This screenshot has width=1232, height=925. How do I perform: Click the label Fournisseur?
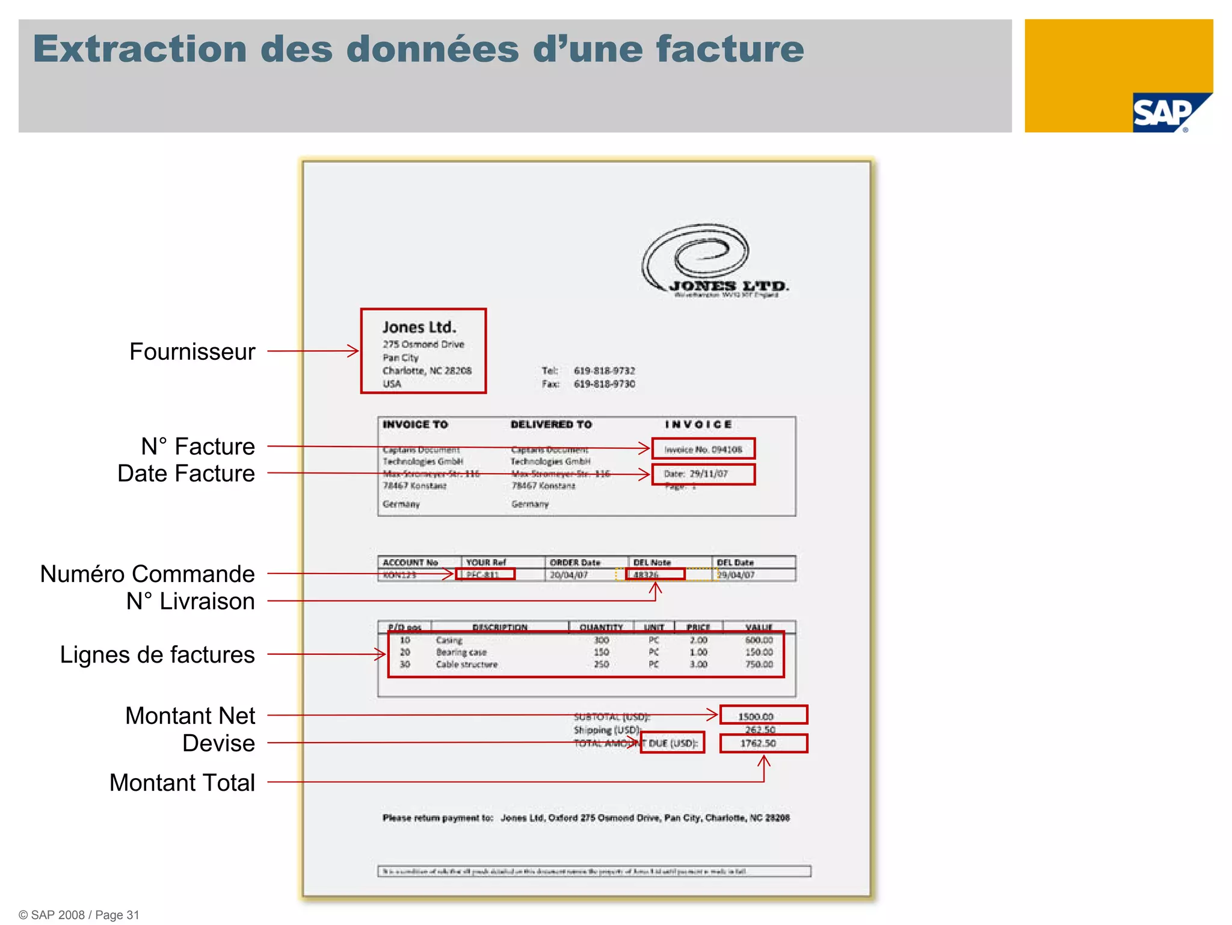tap(192, 352)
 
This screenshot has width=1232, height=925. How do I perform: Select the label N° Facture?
tap(198, 447)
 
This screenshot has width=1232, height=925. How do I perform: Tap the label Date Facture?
tap(186, 474)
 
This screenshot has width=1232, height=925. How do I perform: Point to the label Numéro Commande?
tap(147, 574)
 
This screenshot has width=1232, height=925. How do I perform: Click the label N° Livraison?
tap(190, 601)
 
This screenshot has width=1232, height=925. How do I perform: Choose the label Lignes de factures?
tap(157, 655)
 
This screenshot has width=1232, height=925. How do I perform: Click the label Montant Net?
tap(190, 716)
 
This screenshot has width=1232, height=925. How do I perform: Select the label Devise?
tap(218, 743)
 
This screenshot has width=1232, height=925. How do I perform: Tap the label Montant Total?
tap(182, 783)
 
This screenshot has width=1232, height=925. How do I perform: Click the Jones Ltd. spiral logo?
tap(698, 256)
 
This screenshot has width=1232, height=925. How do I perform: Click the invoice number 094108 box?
tap(703, 449)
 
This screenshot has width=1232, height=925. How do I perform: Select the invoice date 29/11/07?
tap(703, 474)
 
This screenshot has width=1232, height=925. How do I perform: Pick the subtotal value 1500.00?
tap(756, 716)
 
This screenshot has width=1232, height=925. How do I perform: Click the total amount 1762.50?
tap(758, 744)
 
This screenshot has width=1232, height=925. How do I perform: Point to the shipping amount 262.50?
tap(760, 730)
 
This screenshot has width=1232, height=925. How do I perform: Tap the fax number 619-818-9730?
tap(604, 384)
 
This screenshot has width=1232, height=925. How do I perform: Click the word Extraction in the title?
tap(140, 49)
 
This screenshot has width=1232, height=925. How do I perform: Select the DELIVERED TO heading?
tap(551, 424)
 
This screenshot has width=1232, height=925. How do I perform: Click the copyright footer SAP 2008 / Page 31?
tap(79, 915)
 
